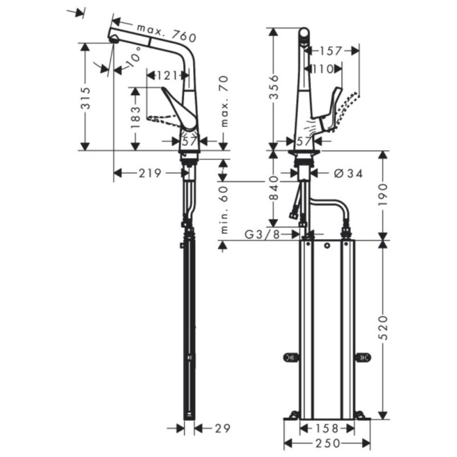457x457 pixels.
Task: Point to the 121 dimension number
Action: click(x=167, y=75)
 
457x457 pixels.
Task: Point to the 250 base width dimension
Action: click(x=327, y=443)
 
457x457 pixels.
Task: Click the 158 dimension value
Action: click(x=327, y=428)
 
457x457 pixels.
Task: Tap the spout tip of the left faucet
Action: click(x=113, y=39)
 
